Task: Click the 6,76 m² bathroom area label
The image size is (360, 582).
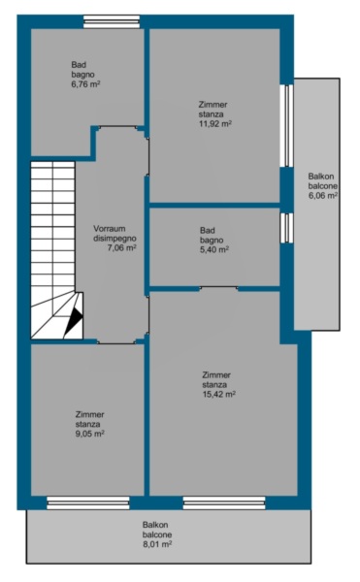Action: click(85, 83)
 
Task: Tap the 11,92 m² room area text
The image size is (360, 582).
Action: click(215, 123)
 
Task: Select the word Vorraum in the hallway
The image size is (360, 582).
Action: click(109, 229)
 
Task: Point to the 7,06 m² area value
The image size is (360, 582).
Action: click(121, 248)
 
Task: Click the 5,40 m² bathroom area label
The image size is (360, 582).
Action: click(214, 249)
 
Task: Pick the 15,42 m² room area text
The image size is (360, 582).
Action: click(218, 394)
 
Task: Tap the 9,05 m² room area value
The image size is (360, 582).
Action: click(90, 434)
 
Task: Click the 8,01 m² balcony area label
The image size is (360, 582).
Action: click(157, 544)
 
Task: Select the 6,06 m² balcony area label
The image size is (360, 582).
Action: click(323, 196)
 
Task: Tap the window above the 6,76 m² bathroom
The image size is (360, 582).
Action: click(112, 21)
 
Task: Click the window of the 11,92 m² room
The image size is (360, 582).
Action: click(286, 125)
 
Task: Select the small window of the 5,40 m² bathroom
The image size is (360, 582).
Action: click(286, 228)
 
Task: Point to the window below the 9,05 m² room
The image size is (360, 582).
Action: click(88, 502)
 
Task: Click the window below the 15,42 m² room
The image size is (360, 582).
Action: click(224, 502)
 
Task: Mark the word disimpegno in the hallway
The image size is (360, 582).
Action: click(115, 239)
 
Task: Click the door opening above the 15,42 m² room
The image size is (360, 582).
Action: click(219, 288)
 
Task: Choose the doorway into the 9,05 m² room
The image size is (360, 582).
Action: click(116, 342)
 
